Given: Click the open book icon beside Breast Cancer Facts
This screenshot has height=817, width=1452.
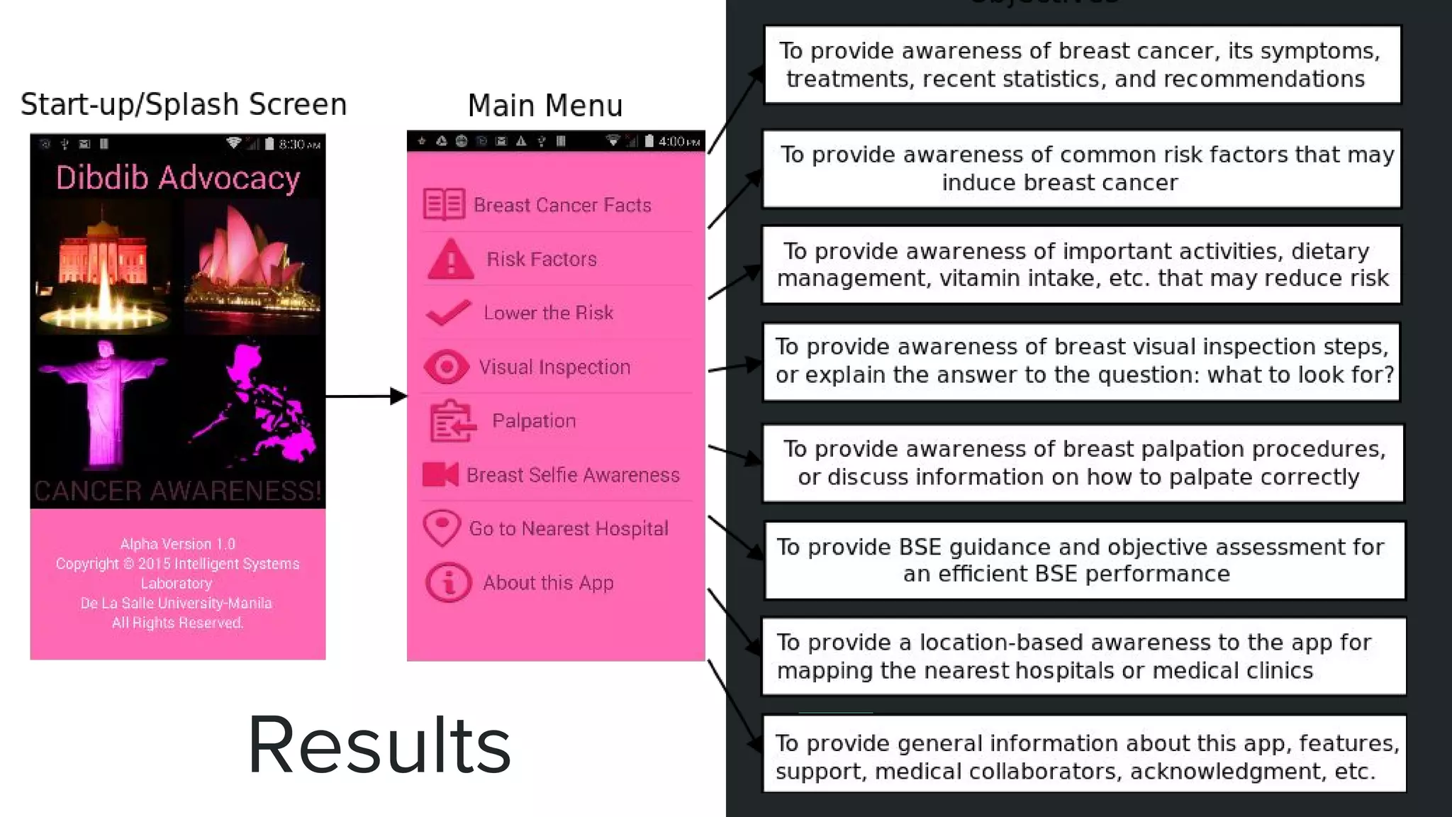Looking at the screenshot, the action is pyautogui.click(x=444, y=204).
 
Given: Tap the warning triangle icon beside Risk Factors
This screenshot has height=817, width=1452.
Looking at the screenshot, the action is pyautogui.click(x=451, y=260).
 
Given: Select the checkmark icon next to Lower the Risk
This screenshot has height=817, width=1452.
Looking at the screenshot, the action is pyautogui.click(x=448, y=312).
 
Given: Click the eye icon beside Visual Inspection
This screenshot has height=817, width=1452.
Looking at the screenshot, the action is pyautogui.click(x=446, y=367).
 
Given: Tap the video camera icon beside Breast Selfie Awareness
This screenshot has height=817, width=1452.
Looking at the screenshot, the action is pyautogui.click(x=440, y=474).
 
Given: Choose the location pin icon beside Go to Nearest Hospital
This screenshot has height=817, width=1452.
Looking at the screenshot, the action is pyautogui.click(x=442, y=528).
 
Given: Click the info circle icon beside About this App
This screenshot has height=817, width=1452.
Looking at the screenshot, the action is pyautogui.click(x=448, y=582).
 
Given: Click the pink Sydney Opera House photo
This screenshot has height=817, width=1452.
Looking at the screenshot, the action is pyautogui.click(x=252, y=266).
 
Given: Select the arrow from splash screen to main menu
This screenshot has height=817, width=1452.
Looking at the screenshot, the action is pyautogui.click(x=366, y=396).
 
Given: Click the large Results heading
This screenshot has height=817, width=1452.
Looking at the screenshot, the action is pyautogui.click(x=379, y=745).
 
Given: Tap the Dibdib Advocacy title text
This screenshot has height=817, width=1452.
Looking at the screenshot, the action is pyautogui.click(x=178, y=178).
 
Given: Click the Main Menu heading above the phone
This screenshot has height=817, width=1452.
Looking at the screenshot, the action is pyautogui.click(x=545, y=106).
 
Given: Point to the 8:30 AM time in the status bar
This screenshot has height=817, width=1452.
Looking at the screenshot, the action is pyautogui.click(x=299, y=145).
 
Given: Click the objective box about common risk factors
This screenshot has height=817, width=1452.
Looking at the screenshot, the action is pyautogui.click(x=1082, y=169).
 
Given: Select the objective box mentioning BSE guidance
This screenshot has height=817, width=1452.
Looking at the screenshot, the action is pyautogui.click(x=1084, y=560).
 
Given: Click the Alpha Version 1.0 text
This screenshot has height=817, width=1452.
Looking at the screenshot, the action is pyautogui.click(x=177, y=544).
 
